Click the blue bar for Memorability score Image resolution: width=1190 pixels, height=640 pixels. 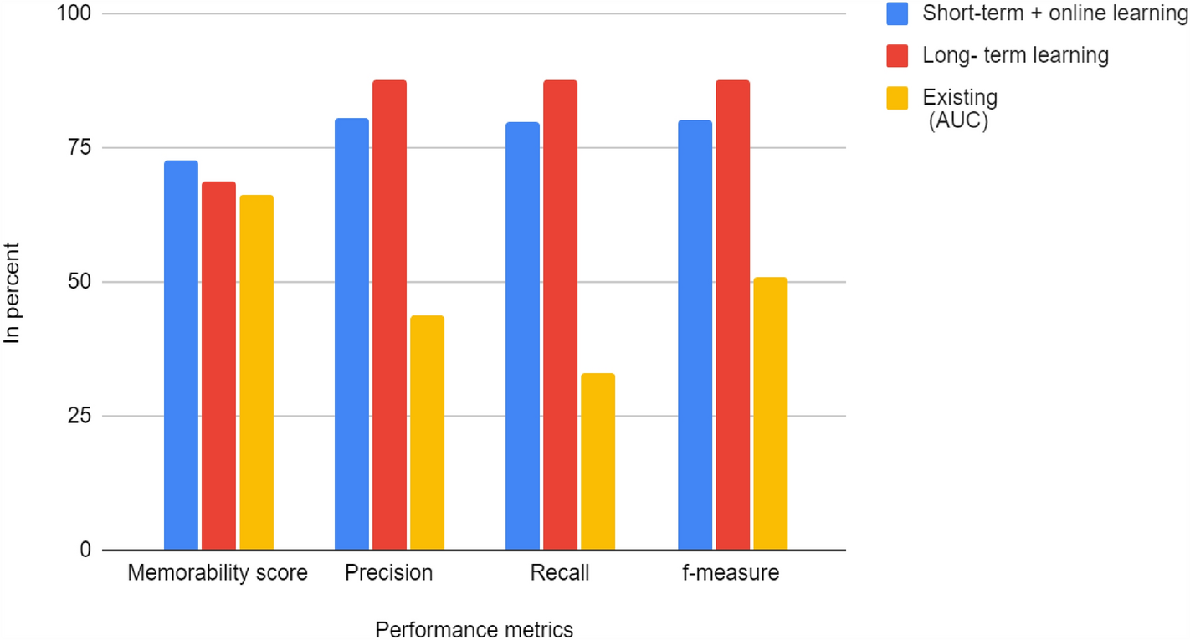pyautogui.click(x=181, y=356)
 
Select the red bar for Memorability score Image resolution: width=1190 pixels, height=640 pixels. pyautogui.click(x=218, y=366)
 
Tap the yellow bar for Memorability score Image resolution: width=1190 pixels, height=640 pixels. pyautogui.click(x=256, y=372)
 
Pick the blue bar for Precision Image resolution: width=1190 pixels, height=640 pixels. pyautogui.click(x=351, y=335)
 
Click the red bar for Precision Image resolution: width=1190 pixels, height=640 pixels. pyautogui.click(x=389, y=315)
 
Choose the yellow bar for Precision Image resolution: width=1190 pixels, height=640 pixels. pyautogui.click(x=427, y=433)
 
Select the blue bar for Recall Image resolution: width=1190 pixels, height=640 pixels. pyautogui.click(x=522, y=336)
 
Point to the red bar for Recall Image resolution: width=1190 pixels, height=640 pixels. pyautogui.click(x=560, y=315)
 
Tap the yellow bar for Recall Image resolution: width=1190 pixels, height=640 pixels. pyautogui.click(x=598, y=462)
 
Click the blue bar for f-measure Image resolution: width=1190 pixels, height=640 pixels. pyautogui.click(x=695, y=335)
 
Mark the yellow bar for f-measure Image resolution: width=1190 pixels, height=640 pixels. pyautogui.click(x=770, y=413)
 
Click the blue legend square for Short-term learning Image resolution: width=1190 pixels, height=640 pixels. pyautogui.click(x=898, y=14)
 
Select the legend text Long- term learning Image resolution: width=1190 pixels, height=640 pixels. pyautogui.click(x=1015, y=55)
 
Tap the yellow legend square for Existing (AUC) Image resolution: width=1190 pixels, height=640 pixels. pyautogui.click(x=898, y=97)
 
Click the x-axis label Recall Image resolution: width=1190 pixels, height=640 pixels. pyautogui.click(x=560, y=574)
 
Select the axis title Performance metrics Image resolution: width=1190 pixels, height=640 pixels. pyautogui.click(x=474, y=629)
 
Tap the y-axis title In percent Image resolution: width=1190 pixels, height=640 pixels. pyautogui.click(x=13, y=293)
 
